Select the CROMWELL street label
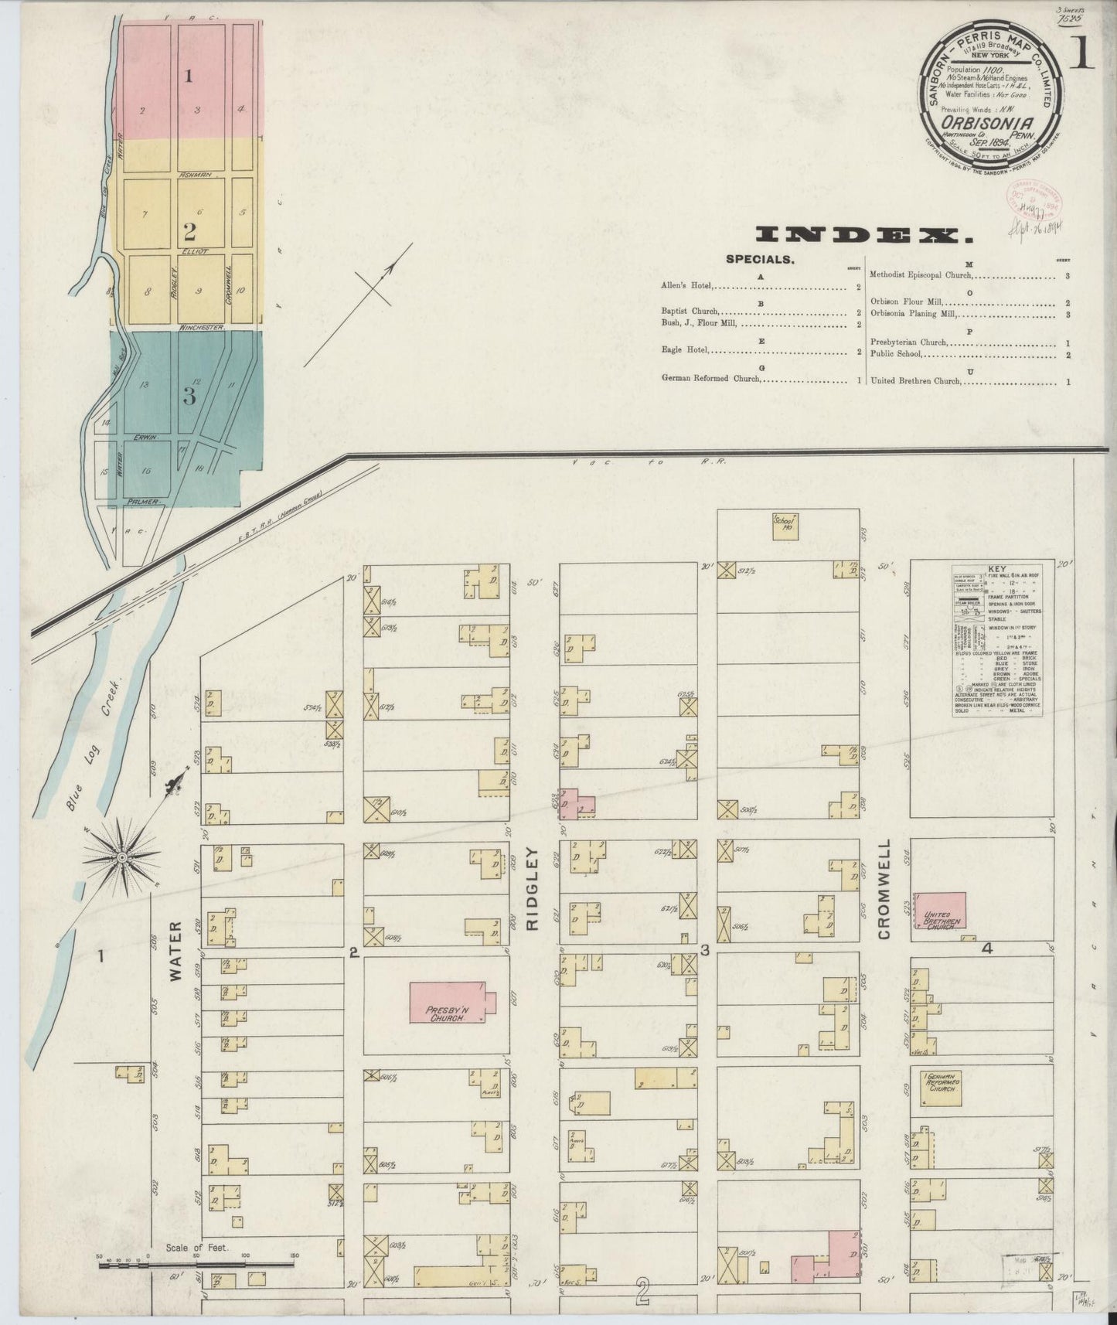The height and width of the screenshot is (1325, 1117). tap(884, 890)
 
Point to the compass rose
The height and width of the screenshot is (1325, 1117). tap(121, 857)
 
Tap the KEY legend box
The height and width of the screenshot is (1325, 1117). tap(998, 639)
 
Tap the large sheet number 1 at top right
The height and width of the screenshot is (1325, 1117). tap(1081, 54)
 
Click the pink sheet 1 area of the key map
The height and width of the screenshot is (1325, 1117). tap(192, 77)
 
